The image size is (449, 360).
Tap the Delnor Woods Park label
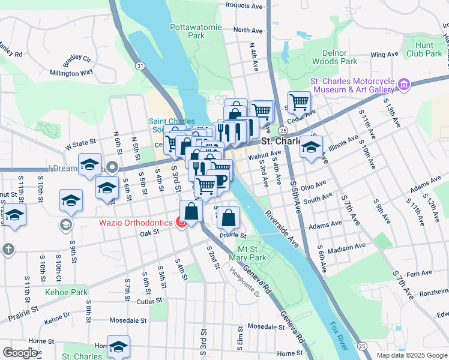[x=334, y=57]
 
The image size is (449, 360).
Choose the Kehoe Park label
[x=66, y=293]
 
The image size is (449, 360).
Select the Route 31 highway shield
[x=139, y=65]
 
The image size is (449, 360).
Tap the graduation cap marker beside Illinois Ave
[x=311, y=146]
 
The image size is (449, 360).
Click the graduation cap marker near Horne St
[x=118, y=346]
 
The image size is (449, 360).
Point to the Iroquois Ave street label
[x=244, y=6]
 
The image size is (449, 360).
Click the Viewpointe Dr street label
[x=244, y=282]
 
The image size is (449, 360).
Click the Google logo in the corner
[x=20, y=353]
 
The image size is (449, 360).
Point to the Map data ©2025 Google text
[x=411, y=355]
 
